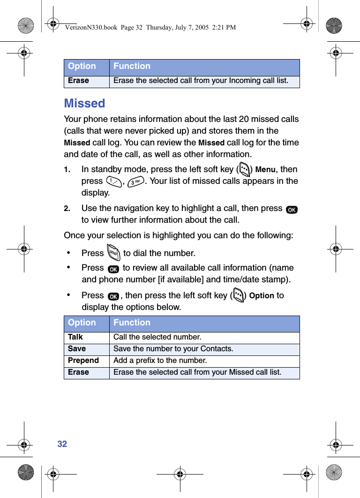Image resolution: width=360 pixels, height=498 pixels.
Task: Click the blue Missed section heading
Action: [84, 103]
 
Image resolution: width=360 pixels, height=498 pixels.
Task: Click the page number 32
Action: [62, 444]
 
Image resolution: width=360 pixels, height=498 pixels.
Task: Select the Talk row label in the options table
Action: [75, 337]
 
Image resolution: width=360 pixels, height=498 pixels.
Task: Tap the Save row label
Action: [77, 349]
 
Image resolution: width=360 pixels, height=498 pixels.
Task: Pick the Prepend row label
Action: [83, 361]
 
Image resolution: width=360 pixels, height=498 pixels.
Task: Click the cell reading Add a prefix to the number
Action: [160, 361]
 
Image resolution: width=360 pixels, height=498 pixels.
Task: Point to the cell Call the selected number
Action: [157, 337]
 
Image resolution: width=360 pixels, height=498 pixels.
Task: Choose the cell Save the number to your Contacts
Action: [173, 349]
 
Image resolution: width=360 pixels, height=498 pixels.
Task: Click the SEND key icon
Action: [113, 253]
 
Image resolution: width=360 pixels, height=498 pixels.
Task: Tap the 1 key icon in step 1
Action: [112, 181]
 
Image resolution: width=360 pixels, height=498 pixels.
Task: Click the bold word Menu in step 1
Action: [265, 170]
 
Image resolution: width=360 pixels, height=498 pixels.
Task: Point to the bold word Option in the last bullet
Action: [262, 296]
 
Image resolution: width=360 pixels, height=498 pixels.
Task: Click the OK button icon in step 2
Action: [292, 209]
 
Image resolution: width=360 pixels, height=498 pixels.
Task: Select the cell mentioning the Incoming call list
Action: [201, 81]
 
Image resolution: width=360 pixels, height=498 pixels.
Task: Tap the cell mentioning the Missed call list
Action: [197, 372]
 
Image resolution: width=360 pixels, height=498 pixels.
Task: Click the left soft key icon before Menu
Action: [244, 169]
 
